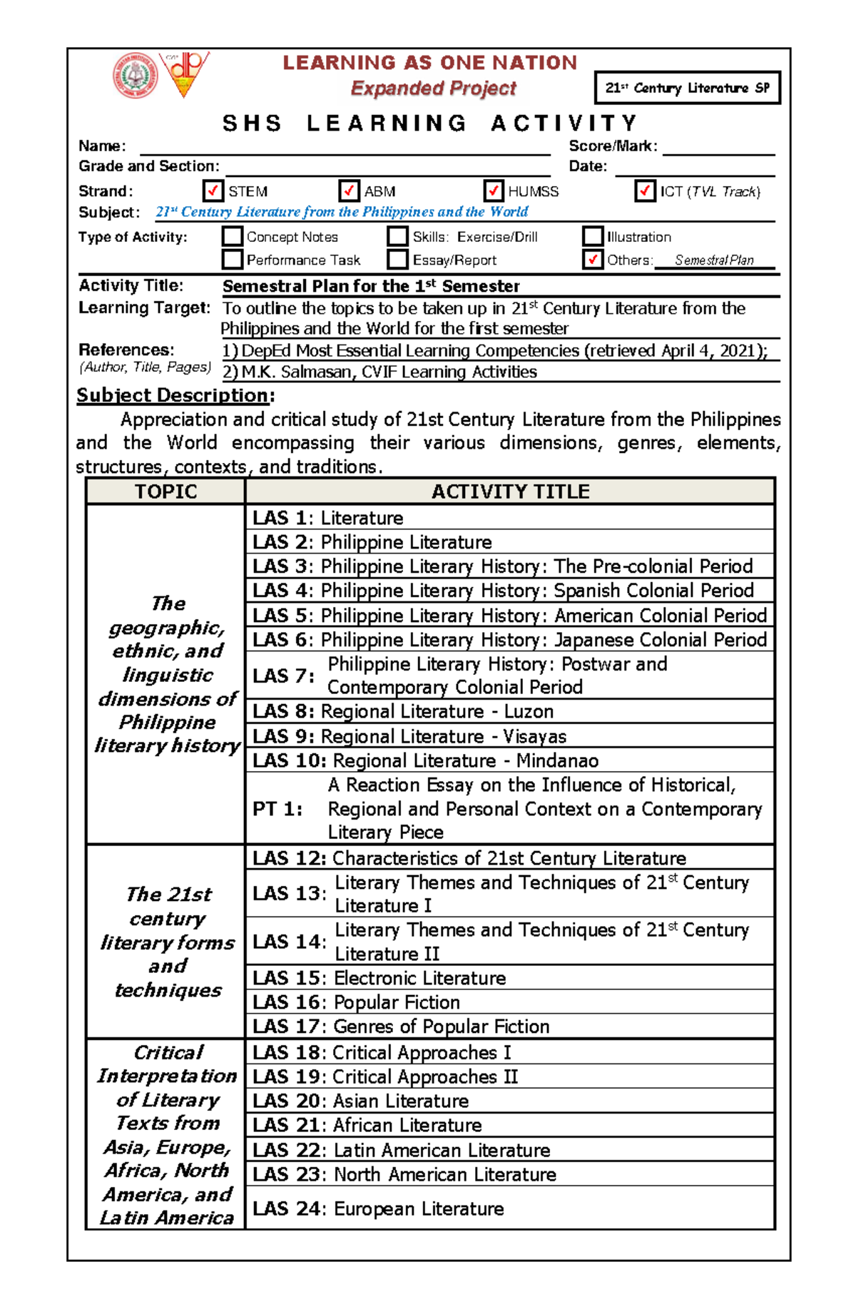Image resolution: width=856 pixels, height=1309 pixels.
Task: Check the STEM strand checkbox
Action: point(213,191)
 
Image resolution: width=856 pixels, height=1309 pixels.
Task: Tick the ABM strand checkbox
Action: point(349,191)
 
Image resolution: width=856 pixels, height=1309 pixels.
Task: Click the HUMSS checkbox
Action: point(494,191)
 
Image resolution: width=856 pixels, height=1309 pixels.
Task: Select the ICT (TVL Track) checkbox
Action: point(645,191)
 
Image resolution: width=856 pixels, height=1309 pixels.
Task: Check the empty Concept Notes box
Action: point(233,236)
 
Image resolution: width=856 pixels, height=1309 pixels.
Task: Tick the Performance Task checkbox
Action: point(233,260)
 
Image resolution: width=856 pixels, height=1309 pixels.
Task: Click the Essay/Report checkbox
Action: point(398,260)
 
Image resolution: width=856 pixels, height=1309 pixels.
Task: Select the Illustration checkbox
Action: point(593,236)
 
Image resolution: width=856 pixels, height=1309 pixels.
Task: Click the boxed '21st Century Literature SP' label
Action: point(687,88)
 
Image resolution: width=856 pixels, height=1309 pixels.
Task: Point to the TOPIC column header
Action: point(165,491)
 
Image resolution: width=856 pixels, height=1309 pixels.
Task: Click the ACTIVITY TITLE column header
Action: point(510,491)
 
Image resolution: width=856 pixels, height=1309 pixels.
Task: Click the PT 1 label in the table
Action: point(277,809)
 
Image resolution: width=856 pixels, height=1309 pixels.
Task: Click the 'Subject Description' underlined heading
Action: point(173,395)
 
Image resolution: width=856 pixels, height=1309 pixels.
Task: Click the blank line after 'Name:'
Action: point(345,147)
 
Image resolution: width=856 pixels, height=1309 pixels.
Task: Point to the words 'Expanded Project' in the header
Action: point(433,88)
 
